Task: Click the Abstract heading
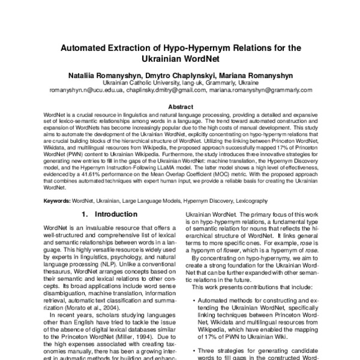(180, 106)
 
